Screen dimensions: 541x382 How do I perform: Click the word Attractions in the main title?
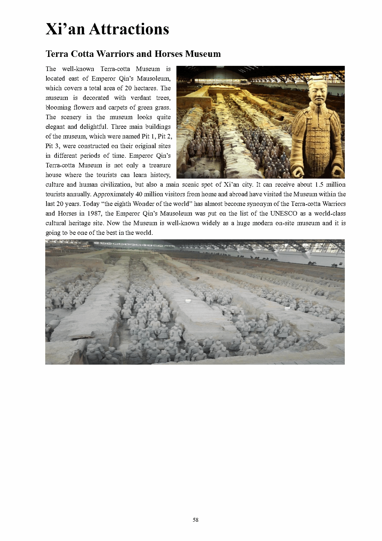coord(129,29)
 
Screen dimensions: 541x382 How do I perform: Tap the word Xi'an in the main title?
coord(65,29)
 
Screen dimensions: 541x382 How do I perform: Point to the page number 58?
coord(195,520)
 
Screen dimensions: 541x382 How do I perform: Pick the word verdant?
coord(141,98)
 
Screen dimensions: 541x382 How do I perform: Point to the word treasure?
coord(160,165)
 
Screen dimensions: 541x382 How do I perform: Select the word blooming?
coord(57,107)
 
